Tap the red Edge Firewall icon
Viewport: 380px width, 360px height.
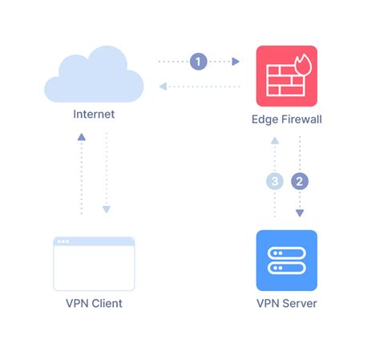pyautogui.click(x=286, y=76)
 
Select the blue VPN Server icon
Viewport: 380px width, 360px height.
pyautogui.click(x=286, y=261)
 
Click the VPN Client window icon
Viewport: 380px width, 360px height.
pyautogui.click(x=94, y=263)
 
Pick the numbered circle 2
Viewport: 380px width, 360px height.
pyautogui.click(x=299, y=181)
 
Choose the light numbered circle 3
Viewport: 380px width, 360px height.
pyautogui.click(x=274, y=181)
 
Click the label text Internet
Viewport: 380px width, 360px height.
pyautogui.click(x=94, y=115)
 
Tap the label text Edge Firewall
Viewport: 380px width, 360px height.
pyautogui.click(x=286, y=119)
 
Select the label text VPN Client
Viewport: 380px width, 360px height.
pyautogui.click(x=94, y=303)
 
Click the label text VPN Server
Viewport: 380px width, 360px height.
pyautogui.click(x=286, y=303)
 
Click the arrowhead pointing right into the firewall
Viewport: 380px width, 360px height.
pyautogui.click(x=236, y=61)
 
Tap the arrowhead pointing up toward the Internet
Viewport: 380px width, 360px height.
pyautogui.click(x=82, y=138)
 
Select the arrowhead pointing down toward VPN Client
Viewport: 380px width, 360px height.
pyautogui.click(x=106, y=211)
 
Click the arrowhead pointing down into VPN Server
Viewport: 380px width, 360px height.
pyautogui.click(x=299, y=213)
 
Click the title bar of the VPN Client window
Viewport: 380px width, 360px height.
pyautogui.click(x=94, y=241)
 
